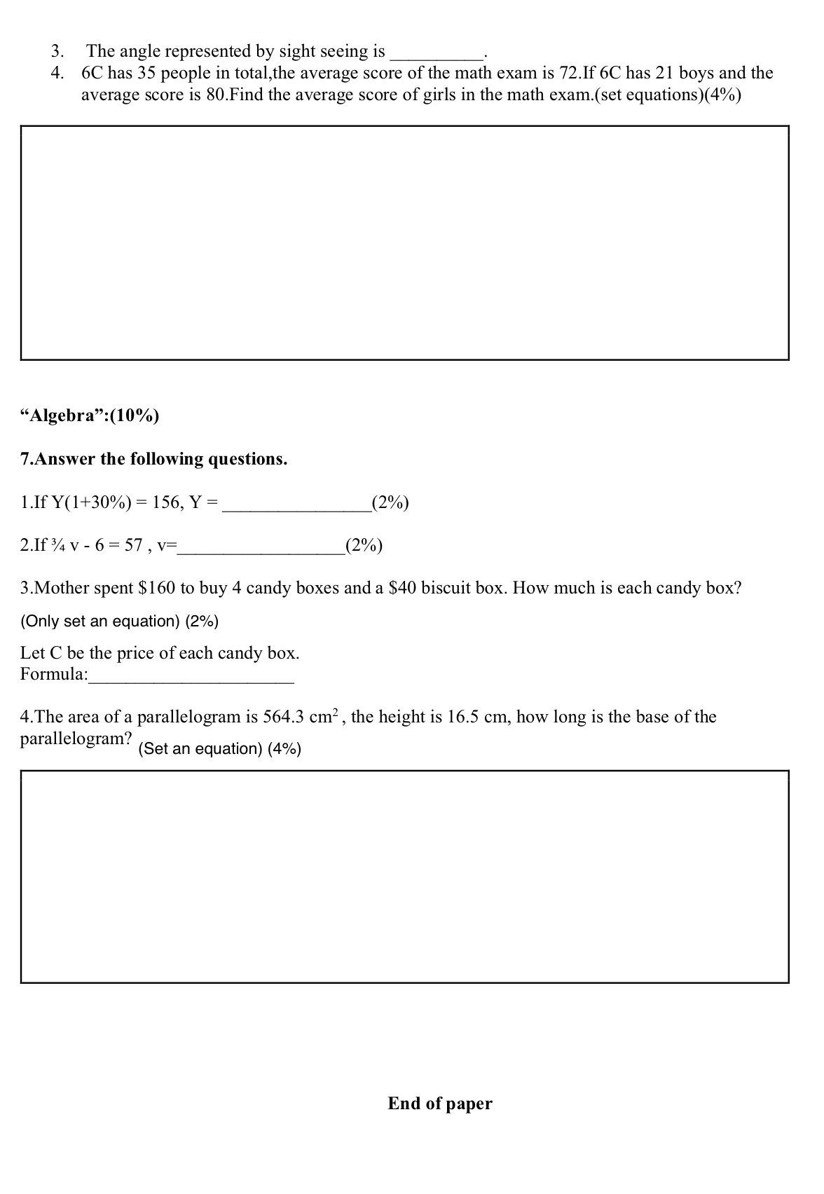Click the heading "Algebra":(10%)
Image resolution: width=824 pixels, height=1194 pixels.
tap(90, 416)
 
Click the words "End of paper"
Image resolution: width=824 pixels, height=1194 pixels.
tap(440, 1104)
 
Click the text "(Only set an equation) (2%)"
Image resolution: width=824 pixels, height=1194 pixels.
tap(120, 621)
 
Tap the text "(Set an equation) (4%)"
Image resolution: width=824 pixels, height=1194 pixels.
tap(220, 749)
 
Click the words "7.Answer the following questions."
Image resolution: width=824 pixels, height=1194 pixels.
tap(154, 459)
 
